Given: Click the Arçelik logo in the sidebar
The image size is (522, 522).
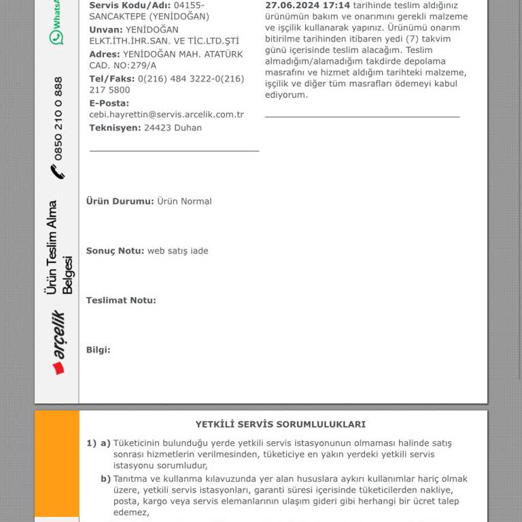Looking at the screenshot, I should click(x=58, y=343).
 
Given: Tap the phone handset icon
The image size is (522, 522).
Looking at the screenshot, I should click(x=58, y=172).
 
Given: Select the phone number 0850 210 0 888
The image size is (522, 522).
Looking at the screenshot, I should click(x=58, y=118).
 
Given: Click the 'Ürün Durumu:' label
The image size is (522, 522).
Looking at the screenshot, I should click(x=120, y=201).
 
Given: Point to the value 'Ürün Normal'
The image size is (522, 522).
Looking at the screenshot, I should click(x=184, y=201).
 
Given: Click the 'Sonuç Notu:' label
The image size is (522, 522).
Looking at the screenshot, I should click(x=115, y=251).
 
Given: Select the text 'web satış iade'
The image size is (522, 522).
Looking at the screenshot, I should click(x=178, y=251).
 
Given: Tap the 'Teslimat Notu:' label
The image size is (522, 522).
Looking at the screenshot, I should click(x=121, y=300).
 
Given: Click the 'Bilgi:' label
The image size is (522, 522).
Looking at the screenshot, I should click(x=98, y=350).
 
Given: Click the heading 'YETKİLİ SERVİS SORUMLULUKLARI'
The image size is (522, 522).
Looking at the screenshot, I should click(x=280, y=424).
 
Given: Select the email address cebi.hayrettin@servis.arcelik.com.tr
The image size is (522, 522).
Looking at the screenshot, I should click(x=167, y=115).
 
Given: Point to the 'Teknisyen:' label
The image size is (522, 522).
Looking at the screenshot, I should click(x=115, y=128).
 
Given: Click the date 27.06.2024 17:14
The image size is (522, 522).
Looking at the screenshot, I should click(x=307, y=5).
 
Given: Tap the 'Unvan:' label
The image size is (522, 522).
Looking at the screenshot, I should click(x=106, y=30).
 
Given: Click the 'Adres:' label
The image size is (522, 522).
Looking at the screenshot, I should click(x=105, y=54).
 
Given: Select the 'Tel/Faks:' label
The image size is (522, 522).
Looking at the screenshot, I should click(x=112, y=79).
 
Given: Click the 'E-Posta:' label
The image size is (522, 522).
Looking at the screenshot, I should click(x=109, y=103).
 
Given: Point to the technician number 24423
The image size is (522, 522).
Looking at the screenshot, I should click(x=157, y=128).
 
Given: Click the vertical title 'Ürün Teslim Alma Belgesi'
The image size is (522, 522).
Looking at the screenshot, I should click(x=59, y=247).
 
